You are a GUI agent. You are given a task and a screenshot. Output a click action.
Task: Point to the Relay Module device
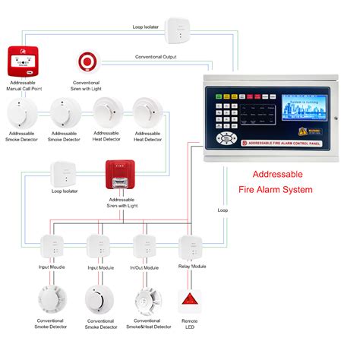pyautogui.click(x=191, y=247)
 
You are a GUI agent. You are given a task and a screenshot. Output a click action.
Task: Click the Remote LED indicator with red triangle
pyautogui.click(x=190, y=302)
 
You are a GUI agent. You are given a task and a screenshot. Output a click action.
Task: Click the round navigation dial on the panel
pyautogui.click(x=226, y=137)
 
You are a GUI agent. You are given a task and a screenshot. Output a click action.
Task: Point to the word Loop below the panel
pyautogui.click(x=223, y=210)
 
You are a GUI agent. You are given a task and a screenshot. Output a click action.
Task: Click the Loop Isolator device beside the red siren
pyautogui.click(x=63, y=175)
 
